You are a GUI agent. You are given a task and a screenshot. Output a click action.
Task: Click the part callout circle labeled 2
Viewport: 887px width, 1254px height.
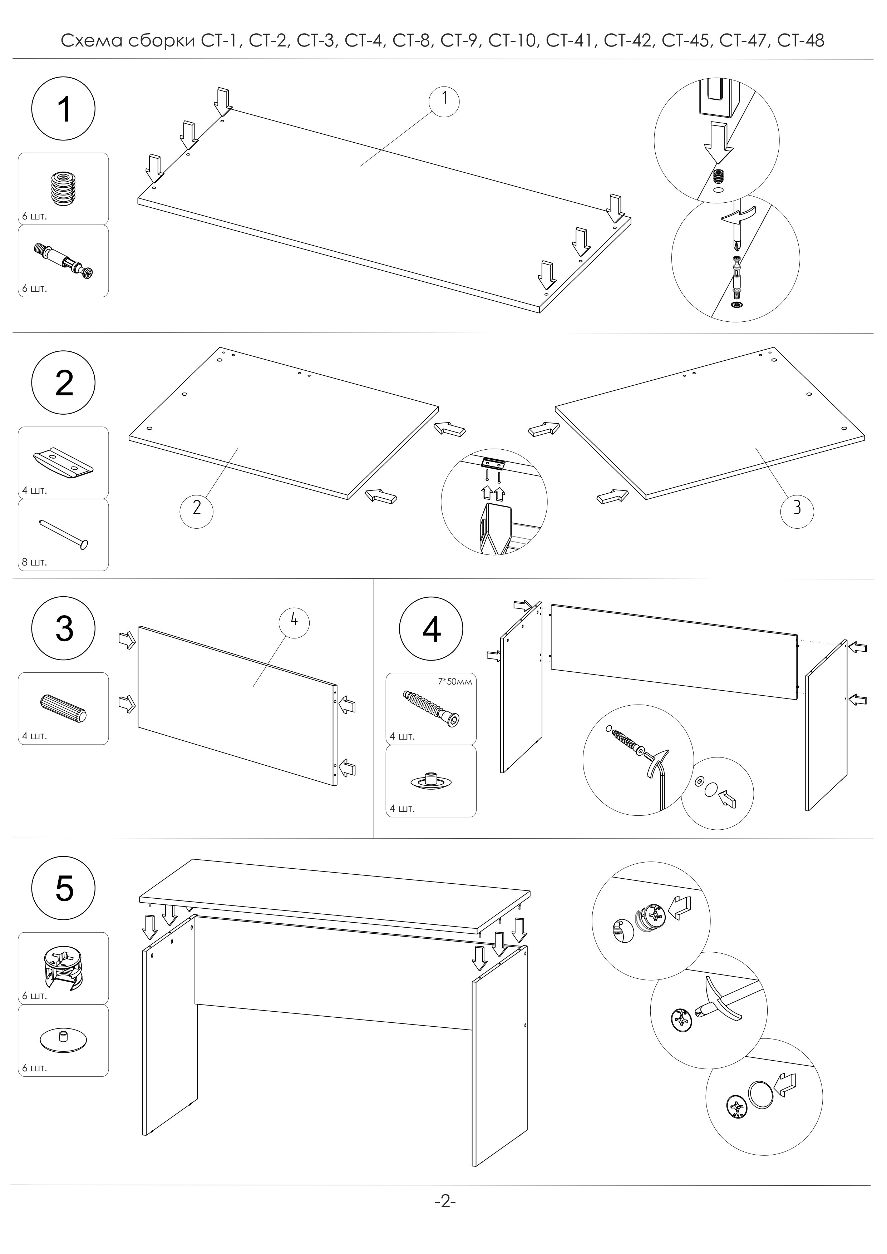coord(197,508)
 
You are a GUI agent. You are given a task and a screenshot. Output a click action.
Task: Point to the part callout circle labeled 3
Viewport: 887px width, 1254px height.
coord(797,508)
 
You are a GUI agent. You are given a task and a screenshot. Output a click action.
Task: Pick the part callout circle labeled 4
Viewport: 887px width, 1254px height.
coord(294,622)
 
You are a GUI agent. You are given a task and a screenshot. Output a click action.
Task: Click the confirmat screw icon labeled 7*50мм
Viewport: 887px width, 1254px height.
coord(431,707)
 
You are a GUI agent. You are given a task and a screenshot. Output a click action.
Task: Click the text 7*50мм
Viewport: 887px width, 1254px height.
coord(455,682)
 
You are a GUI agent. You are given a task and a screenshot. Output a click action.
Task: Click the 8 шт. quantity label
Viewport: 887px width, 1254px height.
coord(34,562)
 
